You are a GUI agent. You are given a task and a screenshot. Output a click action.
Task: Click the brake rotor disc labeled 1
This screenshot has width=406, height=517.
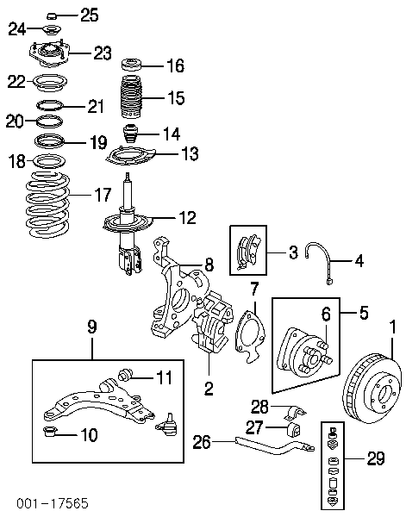click(372, 389)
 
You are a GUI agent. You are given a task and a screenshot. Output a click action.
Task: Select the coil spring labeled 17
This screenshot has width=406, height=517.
click(47, 204)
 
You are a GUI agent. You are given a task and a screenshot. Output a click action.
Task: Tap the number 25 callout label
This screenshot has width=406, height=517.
click(90, 15)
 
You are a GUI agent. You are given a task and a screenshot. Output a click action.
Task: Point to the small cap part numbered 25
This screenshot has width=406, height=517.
click(52, 16)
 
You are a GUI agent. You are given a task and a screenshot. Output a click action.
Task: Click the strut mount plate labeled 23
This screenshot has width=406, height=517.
click(49, 53)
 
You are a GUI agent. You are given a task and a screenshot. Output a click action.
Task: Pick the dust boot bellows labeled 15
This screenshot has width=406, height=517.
click(131, 97)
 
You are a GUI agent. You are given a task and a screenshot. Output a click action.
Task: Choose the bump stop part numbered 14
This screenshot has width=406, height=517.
click(129, 134)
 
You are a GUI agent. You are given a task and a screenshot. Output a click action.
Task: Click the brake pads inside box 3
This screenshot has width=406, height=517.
click(248, 251)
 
